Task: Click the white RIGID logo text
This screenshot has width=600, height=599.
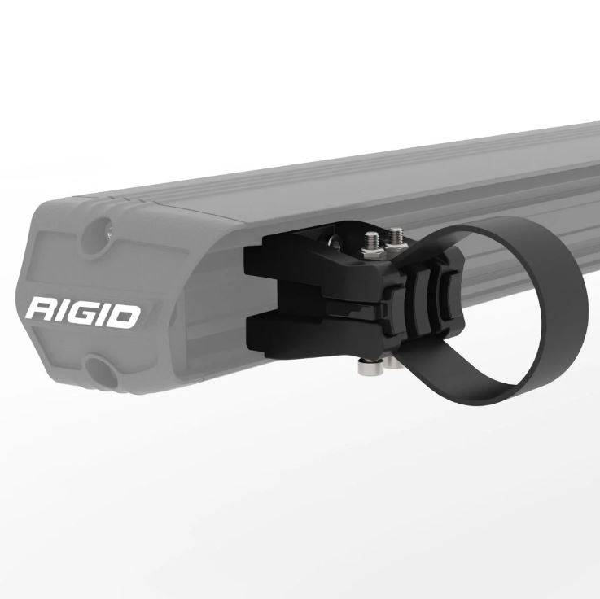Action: [83, 312]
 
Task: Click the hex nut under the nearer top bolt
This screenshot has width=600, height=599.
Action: [372, 251]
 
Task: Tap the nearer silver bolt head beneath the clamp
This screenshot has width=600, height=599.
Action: [366, 366]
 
